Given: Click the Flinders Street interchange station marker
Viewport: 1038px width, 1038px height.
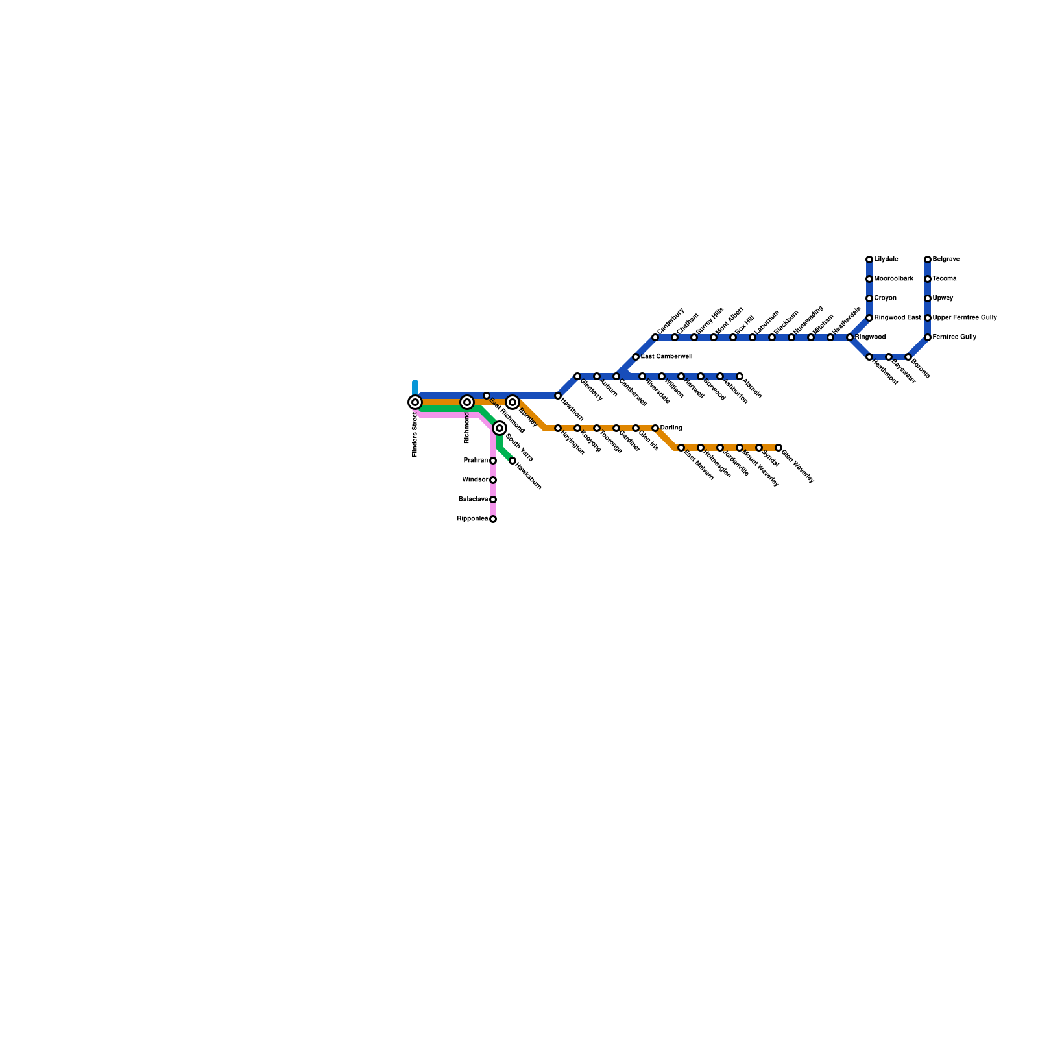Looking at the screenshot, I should click(415, 402).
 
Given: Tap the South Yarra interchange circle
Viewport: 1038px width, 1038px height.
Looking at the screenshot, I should click(500, 428).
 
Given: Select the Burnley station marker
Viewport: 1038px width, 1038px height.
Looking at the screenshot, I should click(513, 402).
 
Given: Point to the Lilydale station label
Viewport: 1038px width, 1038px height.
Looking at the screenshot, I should click(886, 259).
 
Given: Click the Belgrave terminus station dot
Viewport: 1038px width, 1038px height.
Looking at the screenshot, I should click(928, 259).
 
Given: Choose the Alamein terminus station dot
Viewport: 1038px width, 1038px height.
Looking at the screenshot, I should click(740, 376).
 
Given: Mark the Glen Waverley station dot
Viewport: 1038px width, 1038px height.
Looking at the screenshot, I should click(779, 448).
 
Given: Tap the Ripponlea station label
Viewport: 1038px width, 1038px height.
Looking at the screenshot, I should click(472, 519).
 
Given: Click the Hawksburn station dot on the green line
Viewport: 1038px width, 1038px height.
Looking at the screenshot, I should click(513, 461).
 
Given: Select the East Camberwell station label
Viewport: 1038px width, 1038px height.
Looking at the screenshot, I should click(666, 357).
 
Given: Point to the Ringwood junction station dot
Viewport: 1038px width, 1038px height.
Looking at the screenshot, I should click(850, 337).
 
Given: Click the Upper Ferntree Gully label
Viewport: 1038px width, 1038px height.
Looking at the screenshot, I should click(965, 318).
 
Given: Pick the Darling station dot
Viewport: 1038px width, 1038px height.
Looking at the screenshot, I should click(655, 428).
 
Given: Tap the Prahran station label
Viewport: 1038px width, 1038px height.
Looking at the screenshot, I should click(476, 461).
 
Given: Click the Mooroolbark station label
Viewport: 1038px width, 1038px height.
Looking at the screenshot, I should click(893, 279).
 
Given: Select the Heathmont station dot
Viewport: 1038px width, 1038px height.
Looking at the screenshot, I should click(869, 357).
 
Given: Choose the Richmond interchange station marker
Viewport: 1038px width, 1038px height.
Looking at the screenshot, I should click(467, 402).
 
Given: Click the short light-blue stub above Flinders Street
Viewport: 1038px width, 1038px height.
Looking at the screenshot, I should click(415, 387).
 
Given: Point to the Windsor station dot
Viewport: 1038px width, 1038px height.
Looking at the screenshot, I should click(493, 480).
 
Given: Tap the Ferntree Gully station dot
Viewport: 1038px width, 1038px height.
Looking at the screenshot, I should click(928, 337).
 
